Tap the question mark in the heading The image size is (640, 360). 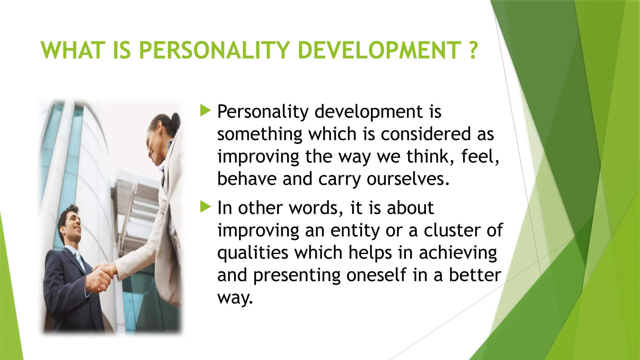tap(473, 50)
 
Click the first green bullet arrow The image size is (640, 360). tap(205, 111)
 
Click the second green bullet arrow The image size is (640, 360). tap(205, 207)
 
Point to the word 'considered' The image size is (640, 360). tap(426, 134)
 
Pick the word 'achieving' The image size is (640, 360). tap(457, 253)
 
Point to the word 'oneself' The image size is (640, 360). tap(376, 275)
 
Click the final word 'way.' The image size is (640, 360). tap(235, 297)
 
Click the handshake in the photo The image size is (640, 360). tap(102, 275)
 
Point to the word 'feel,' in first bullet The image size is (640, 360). tap(480, 157)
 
